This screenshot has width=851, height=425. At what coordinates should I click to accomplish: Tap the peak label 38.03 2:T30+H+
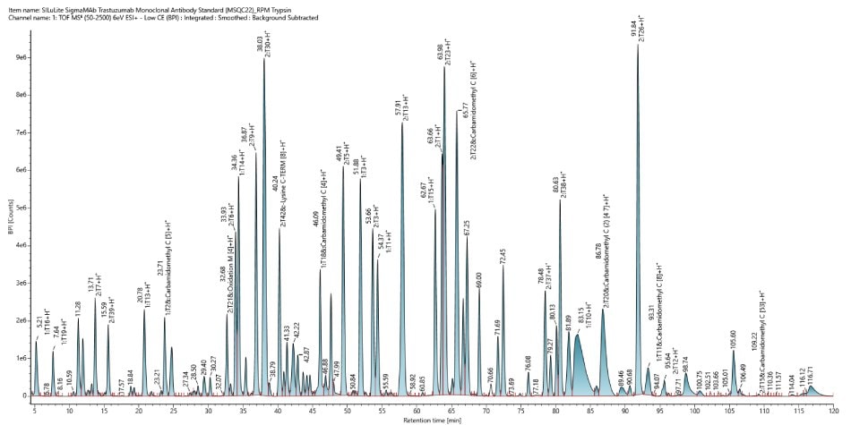[x=263, y=43]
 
